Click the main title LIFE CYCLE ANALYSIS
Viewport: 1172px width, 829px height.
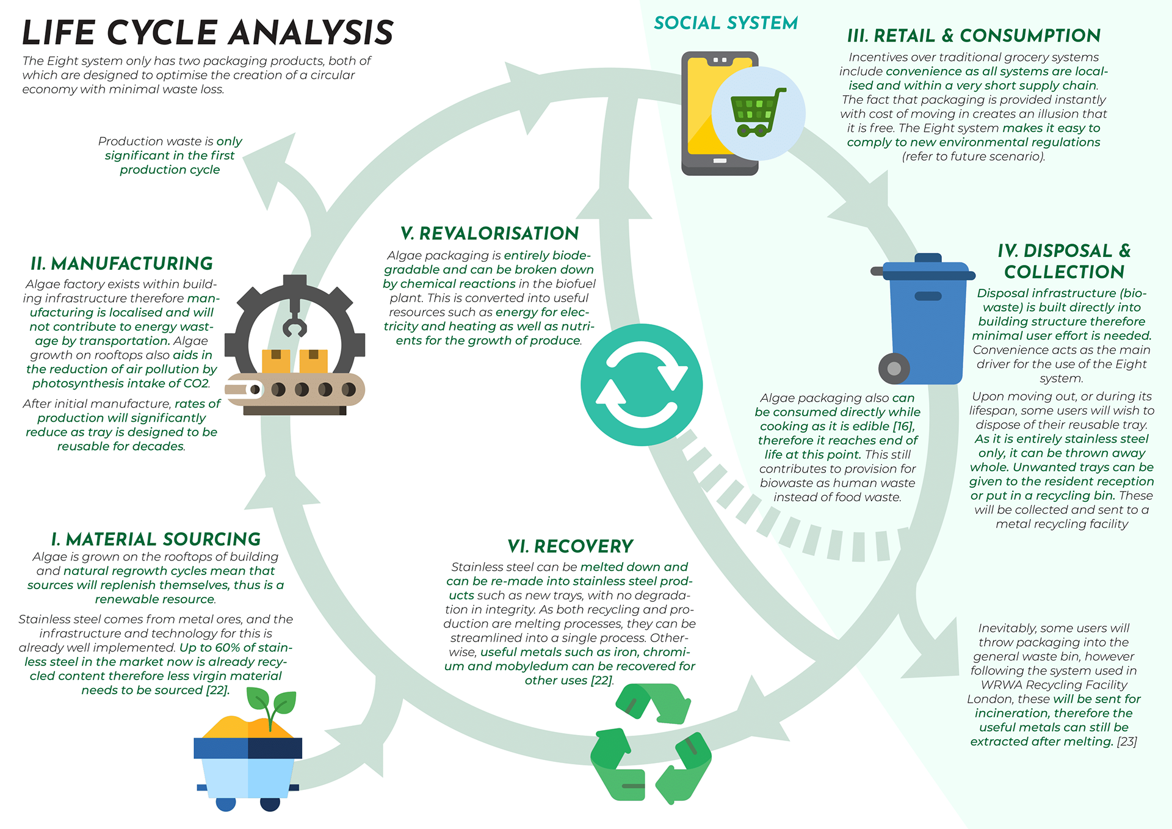click(x=208, y=33)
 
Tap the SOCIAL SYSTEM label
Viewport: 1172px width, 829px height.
click(x=726, y=23)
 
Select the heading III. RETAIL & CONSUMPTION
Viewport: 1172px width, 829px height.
click(x=974, y=36)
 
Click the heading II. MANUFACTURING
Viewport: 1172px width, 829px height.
click(x=122, y=264)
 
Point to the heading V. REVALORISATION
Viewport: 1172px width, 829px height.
click(x=490, y=234)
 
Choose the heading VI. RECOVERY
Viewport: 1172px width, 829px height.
click(x=571, y=546)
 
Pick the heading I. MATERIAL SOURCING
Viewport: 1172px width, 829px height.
click(x=156, y=540)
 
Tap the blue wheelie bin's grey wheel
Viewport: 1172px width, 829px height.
click(x=894, y=368)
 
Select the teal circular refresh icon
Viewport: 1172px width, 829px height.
click(x=642, y=385)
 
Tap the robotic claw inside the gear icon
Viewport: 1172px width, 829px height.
click(x=295, y=324)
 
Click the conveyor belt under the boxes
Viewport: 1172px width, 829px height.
click(x=295, y=390)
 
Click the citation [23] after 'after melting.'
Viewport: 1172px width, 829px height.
click(x=1127, y=742)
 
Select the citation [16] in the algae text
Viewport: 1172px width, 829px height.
click(x=903, y=426)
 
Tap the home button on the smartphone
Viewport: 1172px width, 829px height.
click(x=720, y=161)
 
